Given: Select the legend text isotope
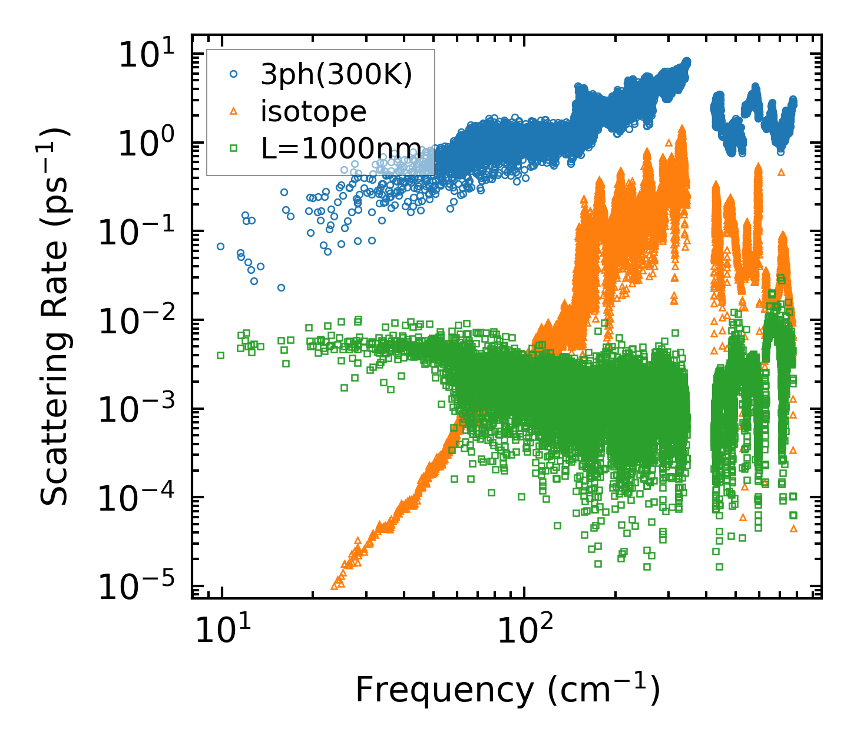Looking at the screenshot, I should [x=313, y=111].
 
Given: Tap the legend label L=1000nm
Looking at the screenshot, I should [x=341, y=148].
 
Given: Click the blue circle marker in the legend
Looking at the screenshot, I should [x=233, y=74].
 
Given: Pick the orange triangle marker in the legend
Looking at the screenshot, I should [x=233, y=111].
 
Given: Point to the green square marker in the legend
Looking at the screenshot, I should [x=233, y=148].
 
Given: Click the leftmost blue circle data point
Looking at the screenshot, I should [x=220, y=246].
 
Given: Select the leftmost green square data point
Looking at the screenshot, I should [x=220, y=355].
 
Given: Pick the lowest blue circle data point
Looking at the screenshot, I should [x=281, y=287].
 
